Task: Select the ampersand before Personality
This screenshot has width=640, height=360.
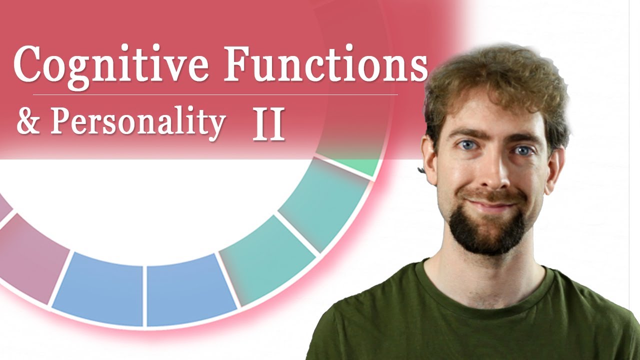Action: (x=28, y=122)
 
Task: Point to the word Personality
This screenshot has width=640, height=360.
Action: (x=137, y=122)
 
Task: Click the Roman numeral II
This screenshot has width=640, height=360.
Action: (x=268, y=125)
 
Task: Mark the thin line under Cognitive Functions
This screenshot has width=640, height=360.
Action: (x=215, y=94)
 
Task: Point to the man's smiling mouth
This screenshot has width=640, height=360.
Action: (x=492, y=205)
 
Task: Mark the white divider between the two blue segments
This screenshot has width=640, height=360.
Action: (x=144, y=295)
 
